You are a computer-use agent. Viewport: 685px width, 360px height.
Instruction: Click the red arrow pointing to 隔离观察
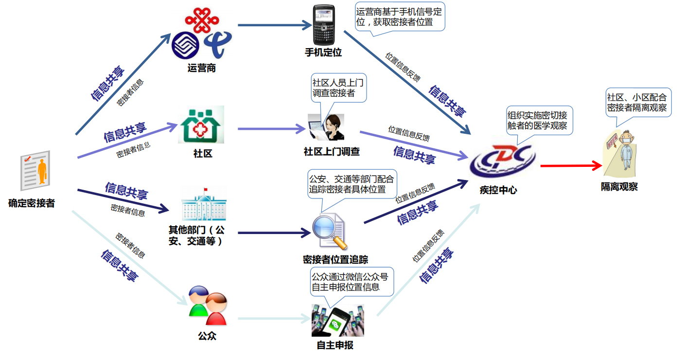click(x=571, y=166)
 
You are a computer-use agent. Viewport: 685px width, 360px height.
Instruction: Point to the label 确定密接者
click(x=32, y=203)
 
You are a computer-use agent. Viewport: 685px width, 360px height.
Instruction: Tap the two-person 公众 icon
click(x=208, y=306)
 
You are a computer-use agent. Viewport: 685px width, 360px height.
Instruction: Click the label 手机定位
click(x=323, y=53)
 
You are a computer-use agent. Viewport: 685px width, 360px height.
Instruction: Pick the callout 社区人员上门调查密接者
click(x=336, y=88)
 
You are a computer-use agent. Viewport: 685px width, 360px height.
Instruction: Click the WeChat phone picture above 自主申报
click(x=337, y=320)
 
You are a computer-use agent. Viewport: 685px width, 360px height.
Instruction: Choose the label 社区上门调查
click(x=332, y=152)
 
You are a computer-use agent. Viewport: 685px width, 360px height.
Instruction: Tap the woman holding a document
click(x=326, y=127)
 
